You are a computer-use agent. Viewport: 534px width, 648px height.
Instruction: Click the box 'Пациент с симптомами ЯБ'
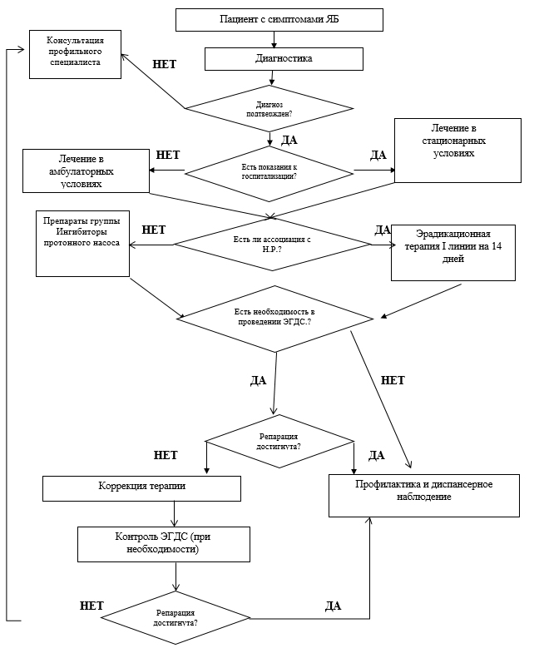click(x=279, y=20)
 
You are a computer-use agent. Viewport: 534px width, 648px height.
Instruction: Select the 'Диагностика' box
click(x=284, y=59)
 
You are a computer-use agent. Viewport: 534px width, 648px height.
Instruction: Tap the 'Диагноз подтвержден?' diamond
click(x=269, y=109)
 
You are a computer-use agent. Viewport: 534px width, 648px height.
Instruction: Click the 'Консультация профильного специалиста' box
click(x=75, y=54)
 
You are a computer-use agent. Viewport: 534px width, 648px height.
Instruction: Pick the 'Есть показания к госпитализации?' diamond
click(x=269, y=174)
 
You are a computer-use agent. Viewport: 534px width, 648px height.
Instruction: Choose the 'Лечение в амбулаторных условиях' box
click(x=86, y=171)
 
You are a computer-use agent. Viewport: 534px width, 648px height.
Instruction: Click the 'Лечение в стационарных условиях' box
click(x=458, y=151)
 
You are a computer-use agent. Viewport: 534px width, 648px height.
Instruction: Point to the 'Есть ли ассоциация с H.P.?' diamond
click(x=272, y=245)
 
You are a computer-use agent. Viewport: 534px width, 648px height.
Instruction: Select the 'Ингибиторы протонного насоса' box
click(x=82, y=244)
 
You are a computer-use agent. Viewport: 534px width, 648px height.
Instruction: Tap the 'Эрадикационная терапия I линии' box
click(x=453, y=253)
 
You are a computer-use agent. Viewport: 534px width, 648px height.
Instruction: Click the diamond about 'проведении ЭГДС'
click(x=275, y=319)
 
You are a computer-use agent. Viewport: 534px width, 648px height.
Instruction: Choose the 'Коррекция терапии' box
click(x=141, y=489)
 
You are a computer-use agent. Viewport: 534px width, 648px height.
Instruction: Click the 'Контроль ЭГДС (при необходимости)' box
click(x=164, y=544)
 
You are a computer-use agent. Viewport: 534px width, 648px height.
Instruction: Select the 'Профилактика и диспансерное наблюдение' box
click(x=424, y=496)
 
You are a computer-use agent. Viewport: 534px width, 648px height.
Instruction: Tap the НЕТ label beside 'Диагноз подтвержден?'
click(x=165, y=64)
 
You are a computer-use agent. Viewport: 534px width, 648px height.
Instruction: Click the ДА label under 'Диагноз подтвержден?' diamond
click(x=289, y=140)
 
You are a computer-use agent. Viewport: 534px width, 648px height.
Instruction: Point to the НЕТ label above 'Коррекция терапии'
click(x=166, y=455)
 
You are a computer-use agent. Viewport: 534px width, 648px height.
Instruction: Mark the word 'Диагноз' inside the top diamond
click(x=269, y=105)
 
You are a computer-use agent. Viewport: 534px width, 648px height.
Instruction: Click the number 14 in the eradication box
click(x=497, y=246)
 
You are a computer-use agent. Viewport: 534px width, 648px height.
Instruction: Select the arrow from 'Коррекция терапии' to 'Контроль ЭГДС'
click(x=175, y=514)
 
